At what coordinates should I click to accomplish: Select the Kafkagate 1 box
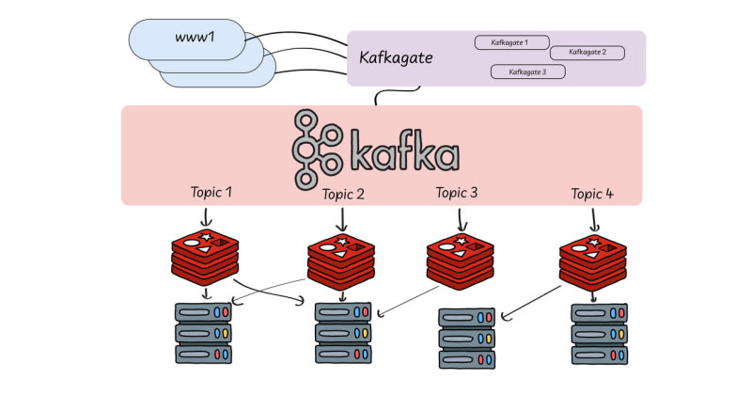coord(512,42)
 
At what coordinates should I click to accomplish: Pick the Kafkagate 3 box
coord(527,71)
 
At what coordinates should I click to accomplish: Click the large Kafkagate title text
coord(396,58)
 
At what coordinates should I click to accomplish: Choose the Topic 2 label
coord(343,195)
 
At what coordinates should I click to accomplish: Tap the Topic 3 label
coord(457,193)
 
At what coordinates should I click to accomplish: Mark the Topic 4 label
coord(592,195)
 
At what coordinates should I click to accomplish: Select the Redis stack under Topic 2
coord(341,257)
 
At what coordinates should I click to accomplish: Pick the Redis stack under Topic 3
coord(460,259)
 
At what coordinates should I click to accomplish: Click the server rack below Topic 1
coord(204,333)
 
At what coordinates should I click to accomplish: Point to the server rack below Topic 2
coord(341,333)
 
